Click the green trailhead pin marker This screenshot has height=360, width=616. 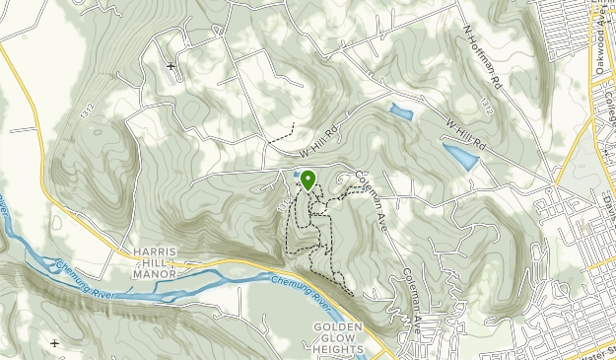tap(308, 180)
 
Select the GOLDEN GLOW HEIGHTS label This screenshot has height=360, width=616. tap(338, 337)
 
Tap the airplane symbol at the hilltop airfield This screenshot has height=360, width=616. tap(171, 66)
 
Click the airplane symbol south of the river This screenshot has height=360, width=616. tap(53, 342)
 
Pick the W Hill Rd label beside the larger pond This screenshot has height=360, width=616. tap(465, 135)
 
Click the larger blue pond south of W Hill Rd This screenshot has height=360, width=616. tap(460, 155)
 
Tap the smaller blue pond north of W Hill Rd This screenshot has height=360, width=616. tap(401, 112)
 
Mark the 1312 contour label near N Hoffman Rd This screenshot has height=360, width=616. tap(487, 102)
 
